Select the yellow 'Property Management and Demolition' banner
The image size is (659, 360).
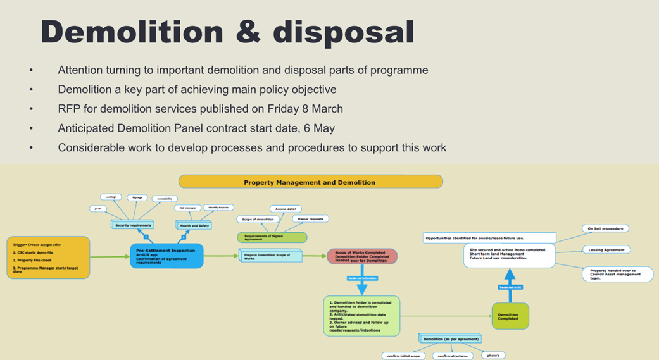click(x=310, y=182)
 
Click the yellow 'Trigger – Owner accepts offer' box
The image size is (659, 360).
click(x=49, y=257)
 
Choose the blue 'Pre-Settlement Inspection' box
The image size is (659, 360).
click(x=166, y=255)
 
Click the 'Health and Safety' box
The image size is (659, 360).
click(x=194, y=225)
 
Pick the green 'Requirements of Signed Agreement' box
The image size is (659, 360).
click(x=272, y=238)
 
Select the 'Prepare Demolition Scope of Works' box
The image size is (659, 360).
click(x=271, y=256)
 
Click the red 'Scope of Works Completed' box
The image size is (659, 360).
click(x=363, y=256)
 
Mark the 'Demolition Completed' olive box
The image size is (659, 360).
click(x=510, y=315)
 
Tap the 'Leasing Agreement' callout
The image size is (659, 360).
click(x=606, y=250)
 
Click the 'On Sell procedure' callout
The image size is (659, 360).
click(x=605, y=228)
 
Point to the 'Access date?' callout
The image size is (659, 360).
click(x=286, y=208)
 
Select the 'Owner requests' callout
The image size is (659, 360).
click(x=311, y=219)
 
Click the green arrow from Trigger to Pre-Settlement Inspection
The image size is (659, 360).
click(x=109, y=256)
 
